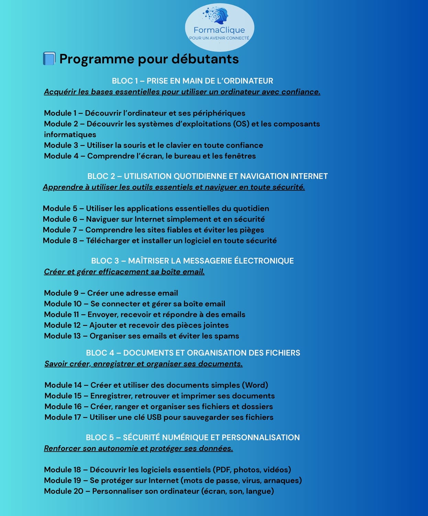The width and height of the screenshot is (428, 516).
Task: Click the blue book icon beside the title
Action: click(49, 58)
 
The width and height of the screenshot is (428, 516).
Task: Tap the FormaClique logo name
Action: click(219, 30)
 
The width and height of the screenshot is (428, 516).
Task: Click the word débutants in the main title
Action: click(205, 59)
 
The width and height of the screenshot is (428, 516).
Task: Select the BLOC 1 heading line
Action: click(192, 81)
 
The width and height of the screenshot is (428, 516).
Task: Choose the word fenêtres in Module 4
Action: click(240, 156)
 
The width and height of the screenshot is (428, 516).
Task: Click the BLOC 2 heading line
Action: click(207, 176)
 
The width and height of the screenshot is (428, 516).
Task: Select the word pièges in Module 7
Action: click(252, 230)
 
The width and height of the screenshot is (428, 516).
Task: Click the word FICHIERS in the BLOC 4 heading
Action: click(284, 353)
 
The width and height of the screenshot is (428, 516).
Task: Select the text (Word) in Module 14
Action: click(255, 385)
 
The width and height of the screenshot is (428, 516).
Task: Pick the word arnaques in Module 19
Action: click(284, 480)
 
